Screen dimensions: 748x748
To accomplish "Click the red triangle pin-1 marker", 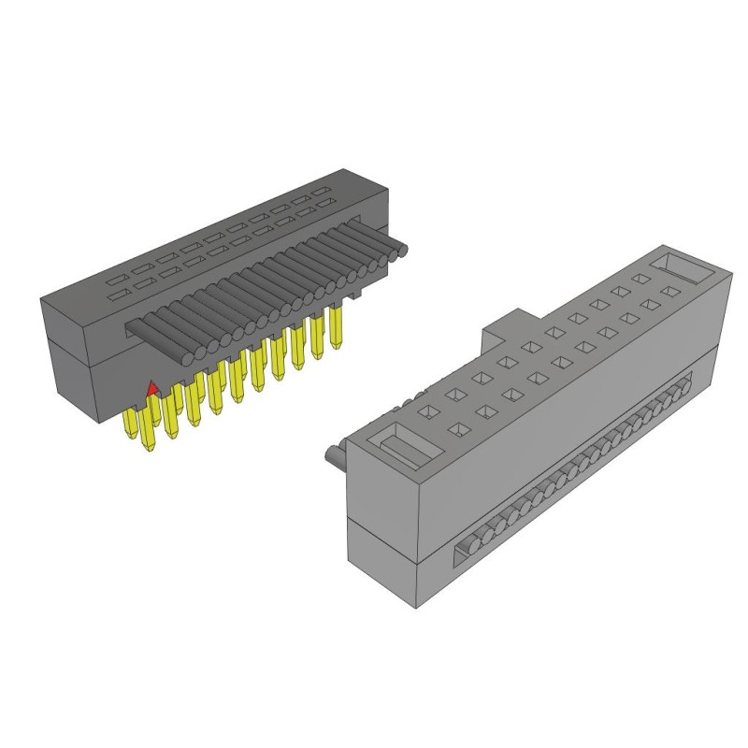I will pyautogui.click(x=152, y=386).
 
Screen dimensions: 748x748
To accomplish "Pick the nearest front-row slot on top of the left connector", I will pyautogui.click(x=116, y=297).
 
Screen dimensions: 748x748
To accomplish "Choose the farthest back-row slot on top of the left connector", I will pyautogui.click(x=324, y=192).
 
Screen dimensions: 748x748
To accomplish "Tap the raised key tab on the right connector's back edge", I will pyautogui.click(x=505, y=328).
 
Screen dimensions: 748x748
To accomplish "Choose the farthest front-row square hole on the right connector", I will pyautogui.click(x=667, y=294).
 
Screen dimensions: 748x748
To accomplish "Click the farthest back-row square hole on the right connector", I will pyautogui.click(x=640, y=278).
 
